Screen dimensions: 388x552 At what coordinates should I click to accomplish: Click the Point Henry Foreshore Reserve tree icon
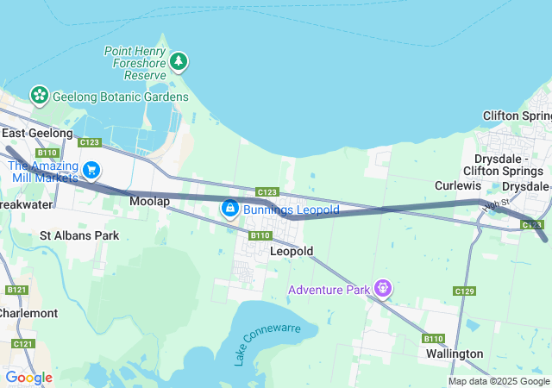coord(179,61)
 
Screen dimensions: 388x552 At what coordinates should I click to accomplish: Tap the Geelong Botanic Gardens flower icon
coord(38,95)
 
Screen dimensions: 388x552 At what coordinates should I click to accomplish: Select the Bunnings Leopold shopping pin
coord(230,209)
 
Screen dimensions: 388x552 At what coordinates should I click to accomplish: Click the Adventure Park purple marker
coord(383,288)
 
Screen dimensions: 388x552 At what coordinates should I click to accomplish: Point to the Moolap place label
coord(149,201)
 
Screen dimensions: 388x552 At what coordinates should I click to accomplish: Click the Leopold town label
coord(291,251)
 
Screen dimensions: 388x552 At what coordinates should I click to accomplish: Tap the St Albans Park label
coord(79,235)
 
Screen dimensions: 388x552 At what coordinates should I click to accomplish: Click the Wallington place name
coord(455,354)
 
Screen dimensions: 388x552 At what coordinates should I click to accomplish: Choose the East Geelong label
coord(37,133)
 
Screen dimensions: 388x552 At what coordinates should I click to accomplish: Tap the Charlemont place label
coord(28,313)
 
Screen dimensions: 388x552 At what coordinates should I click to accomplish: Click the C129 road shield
coord(464,291)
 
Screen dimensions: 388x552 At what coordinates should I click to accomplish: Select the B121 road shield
coord(14,291)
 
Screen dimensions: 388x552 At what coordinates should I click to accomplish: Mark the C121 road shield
coord(23,344)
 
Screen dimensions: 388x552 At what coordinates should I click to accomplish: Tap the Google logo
coord(28,377)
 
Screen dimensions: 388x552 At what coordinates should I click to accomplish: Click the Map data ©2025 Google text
coord(498,381)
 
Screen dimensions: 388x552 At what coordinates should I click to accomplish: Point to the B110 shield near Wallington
coord(434,338)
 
